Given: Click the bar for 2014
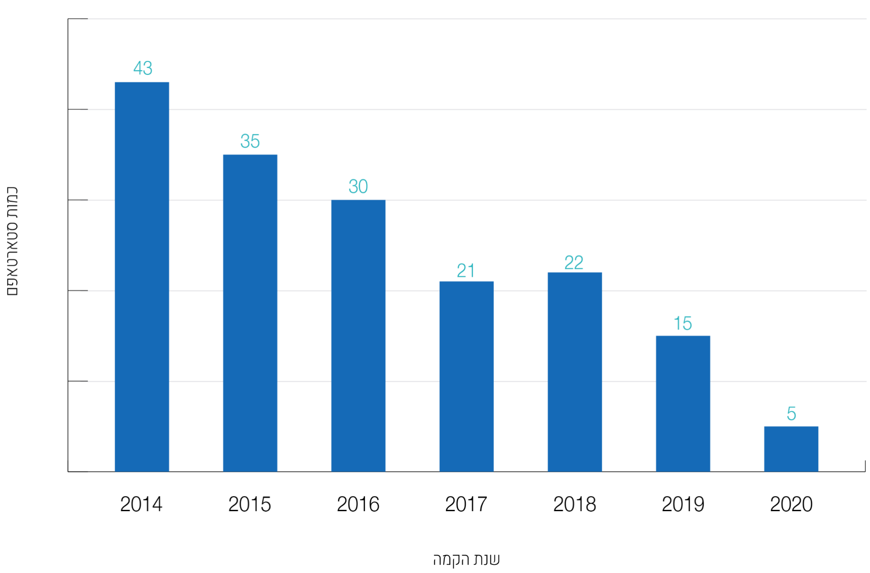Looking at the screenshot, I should pyautogui.click(x=142, y=277).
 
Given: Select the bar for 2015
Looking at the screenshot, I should pyautogui.click(x=250, y=313).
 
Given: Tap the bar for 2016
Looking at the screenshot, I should pyautogui.click(x=358, y=336).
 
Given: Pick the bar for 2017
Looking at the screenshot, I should pyautogui.click(x=466, y=376).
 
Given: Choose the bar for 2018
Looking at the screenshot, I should pyautogui.click(x=574, y=372).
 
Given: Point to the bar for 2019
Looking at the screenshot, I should pyautogui.click(x=683, y=403).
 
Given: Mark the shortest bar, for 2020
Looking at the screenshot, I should pyautogui.click(x=791, y=449).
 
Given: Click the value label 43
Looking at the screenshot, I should pyautogui.click(x=143, y=68).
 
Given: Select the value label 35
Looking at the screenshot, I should pyautogui.click(x=250, y=141).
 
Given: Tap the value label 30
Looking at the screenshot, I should pyautogui.click(x=358, y=186).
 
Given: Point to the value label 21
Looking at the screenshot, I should pyautogui.click(x=466, y=271).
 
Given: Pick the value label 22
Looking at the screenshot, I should pyautogui.click(x=574, y=262).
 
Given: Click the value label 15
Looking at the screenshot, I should pyautogui.click(x=682, y=323).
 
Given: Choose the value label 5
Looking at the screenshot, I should pyautogui.click(x=791, y=414).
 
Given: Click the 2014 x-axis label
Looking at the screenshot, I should pyautogui.click(x=141, y=504).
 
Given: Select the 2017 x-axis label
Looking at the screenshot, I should pyautogui.click(x=466, y=504).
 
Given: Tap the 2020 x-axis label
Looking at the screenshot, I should pyautogui.click(x=791, y=504).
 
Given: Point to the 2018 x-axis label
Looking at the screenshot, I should pyautogui.click(x=574, y=504).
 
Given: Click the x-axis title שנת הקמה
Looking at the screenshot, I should pyautogui.click(x=466, y=559).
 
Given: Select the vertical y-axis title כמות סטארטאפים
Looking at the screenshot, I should pyautogui.click(x=12, y=241).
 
